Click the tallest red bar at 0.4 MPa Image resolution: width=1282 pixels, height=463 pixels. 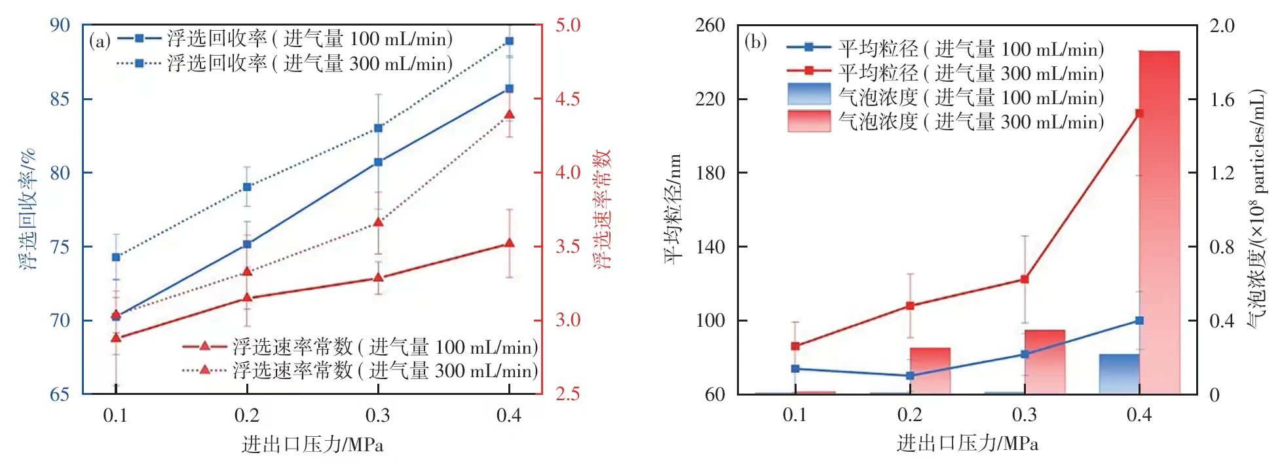click(1159, 223)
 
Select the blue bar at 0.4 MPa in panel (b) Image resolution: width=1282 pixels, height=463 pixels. click(1119, 374)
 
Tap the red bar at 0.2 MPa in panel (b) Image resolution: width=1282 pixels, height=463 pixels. click(930, 371)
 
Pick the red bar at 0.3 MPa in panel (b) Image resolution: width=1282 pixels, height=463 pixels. click(1044, 362)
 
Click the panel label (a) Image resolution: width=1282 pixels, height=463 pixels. click(100, 42)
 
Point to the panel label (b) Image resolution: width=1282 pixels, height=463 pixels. click(755, 43)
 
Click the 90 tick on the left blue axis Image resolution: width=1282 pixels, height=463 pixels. click(60, 25)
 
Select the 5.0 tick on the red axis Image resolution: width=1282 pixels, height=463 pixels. click(568, 25)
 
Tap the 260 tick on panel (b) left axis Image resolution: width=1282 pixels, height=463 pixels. click(710, 25)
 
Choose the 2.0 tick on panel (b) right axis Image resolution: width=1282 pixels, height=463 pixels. click(1222, 26)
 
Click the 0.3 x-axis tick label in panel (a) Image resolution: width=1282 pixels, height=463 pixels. click(378, 415)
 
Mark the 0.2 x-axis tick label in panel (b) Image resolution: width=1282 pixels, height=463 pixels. click(909, 415)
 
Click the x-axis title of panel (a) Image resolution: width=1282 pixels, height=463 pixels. click(312, 444)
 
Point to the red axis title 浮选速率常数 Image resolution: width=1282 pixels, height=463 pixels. click(602, 209)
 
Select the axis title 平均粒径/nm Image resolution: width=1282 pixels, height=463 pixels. click(673, 209)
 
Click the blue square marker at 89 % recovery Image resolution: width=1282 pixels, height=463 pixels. click(509, 41)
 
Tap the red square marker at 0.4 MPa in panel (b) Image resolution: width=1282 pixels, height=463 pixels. click(1139, 113)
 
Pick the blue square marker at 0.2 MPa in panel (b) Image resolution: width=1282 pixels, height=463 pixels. click(910, 376)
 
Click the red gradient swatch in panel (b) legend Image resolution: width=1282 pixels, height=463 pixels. click(809, 121)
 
